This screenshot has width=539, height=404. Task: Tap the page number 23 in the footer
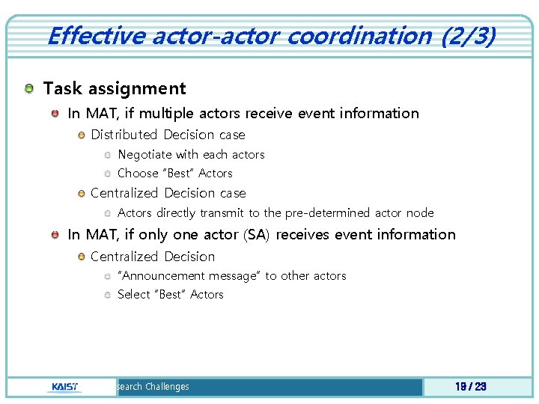[480, 387]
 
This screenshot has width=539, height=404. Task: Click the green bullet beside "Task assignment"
[28, 89]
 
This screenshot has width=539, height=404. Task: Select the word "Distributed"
[124, 135]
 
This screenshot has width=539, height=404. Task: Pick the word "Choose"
[138, 174]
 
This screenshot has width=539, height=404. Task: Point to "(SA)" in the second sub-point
[258, 235]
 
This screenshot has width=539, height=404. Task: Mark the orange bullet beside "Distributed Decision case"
[81, 135]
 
